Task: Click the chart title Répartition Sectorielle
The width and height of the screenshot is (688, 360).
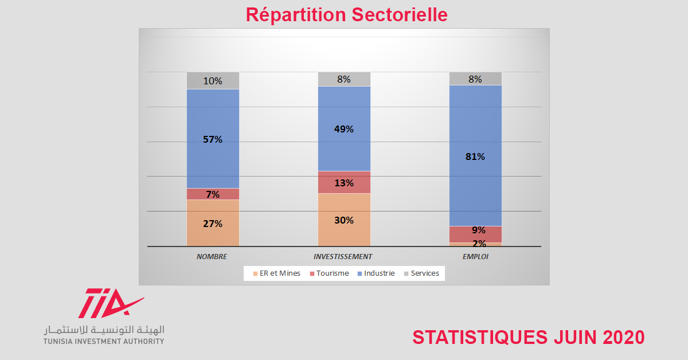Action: point(346,15)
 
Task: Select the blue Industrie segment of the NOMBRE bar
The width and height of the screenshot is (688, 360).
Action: point(213,139)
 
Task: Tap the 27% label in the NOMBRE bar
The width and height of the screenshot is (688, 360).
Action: point(213,224)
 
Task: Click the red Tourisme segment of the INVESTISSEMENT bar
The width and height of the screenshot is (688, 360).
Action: point(344,182)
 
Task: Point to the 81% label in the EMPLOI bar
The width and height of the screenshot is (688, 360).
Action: point(475,156)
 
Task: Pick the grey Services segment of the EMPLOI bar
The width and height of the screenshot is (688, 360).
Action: point(475,79)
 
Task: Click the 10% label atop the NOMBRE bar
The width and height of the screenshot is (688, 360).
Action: point(213,81)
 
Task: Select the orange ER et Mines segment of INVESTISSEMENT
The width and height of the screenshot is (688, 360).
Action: point(344,220)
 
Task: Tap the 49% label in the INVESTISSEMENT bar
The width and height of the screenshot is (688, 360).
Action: point(344,129)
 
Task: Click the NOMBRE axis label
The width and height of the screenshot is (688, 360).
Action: point(212,256)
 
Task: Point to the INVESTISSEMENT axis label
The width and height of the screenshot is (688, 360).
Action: point(343,256)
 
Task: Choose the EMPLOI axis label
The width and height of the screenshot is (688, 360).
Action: point(475,256)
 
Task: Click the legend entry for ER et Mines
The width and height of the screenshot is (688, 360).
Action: point(277,273)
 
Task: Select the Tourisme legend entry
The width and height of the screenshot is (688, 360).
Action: point(330,273)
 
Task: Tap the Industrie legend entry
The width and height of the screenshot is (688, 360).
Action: point(376,273)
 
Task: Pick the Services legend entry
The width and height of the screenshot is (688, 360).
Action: point(422,273)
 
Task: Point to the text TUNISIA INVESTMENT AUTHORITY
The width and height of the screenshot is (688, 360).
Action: point(104,341)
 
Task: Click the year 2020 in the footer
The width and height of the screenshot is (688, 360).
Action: point(624,337)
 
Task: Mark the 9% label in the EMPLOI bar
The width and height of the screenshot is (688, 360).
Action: point(479,230)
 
